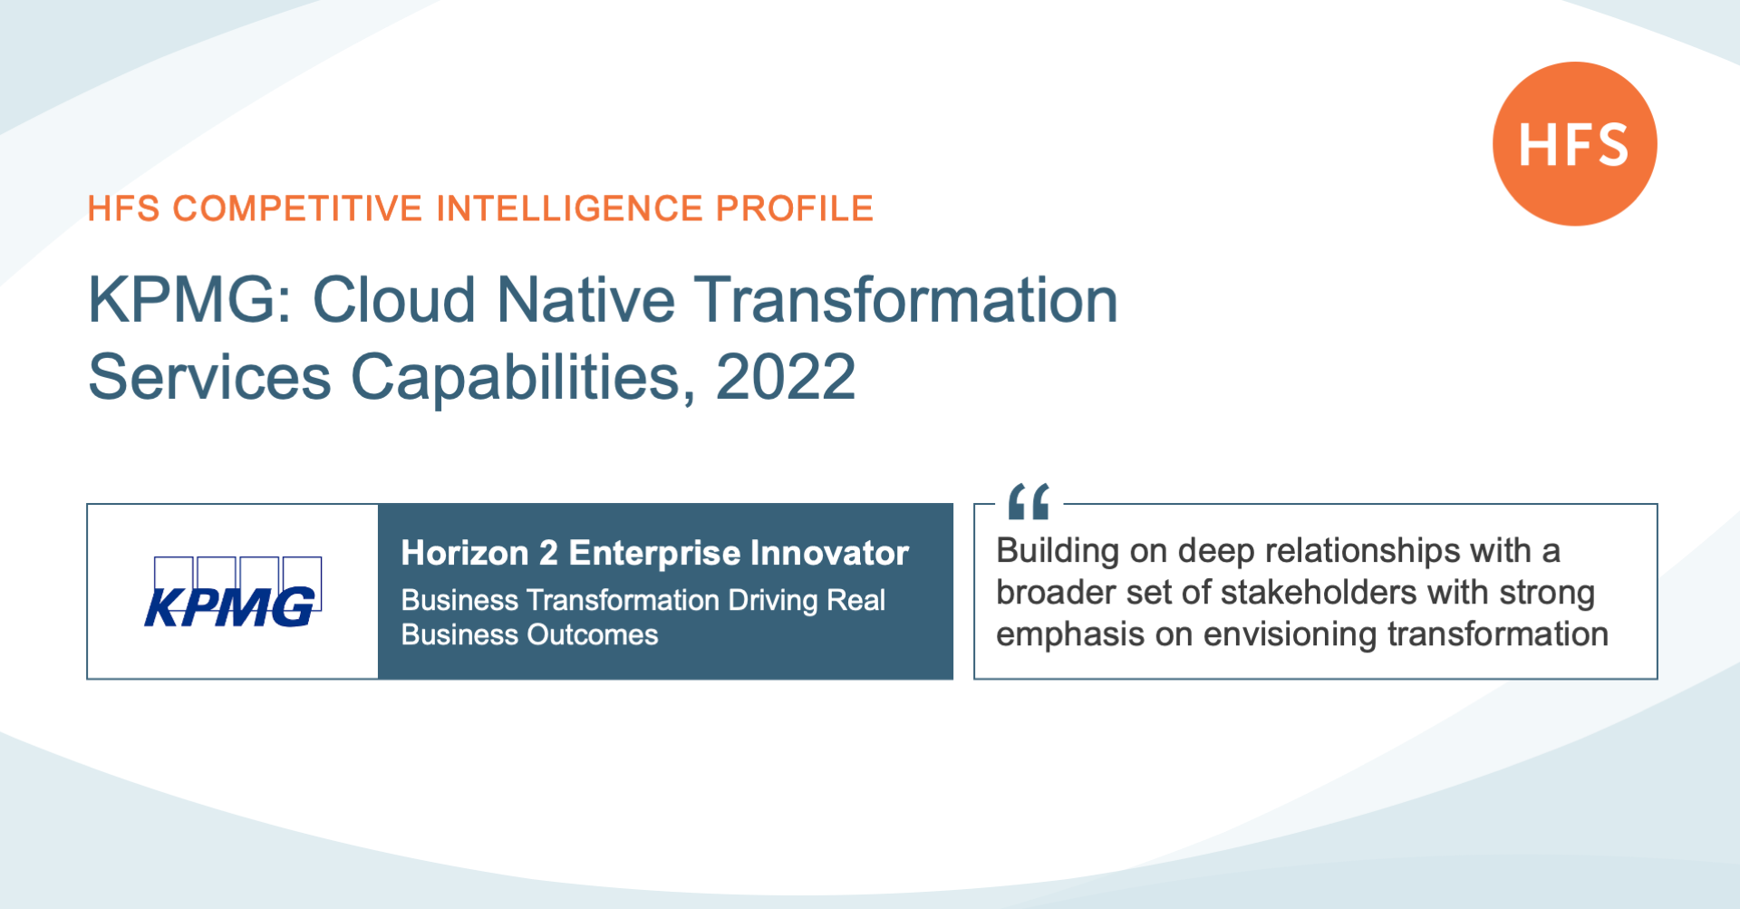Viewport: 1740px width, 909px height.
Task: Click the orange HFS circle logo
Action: (x=1575, y=143)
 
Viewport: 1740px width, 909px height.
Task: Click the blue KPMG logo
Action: (x=233, y=592)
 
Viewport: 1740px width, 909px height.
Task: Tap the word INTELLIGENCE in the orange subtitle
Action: (x=569, y=208)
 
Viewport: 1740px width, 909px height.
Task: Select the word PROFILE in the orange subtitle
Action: (x=794, y=208)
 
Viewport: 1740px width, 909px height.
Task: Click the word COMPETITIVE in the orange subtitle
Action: (x=297, y=208)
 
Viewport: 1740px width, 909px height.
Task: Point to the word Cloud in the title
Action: (x=394, y=300)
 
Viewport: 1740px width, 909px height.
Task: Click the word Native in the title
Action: (x=585, y=300)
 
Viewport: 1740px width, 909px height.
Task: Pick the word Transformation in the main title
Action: (x=906, y=300)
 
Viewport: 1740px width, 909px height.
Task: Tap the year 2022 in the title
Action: (x=786, y=377)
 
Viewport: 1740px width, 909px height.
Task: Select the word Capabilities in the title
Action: (x=523, y=379)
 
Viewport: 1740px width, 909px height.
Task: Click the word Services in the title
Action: (x=209, y=377)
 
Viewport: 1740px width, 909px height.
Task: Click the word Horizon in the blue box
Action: (x=465, y=553)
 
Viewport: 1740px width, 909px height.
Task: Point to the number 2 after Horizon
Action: (x=548, y=553)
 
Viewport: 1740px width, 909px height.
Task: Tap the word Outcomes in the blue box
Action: (x=594, y=634)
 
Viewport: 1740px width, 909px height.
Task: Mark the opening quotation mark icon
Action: (x=1029, y=501)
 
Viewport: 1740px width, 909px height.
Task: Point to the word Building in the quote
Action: (x=1058, y=551)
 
